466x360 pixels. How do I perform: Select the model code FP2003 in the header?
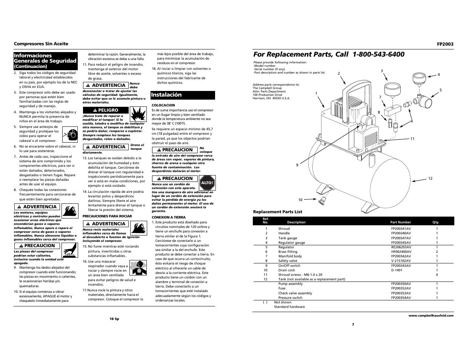(x=445, y=44)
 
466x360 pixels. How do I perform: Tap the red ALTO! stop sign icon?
(x=207, y=182)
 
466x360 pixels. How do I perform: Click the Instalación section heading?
(x=166, y=95)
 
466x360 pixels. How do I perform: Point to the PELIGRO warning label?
(x=105, y=110)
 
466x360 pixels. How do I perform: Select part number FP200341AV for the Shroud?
(x=401, y=229)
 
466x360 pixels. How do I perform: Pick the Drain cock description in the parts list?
(x=286, y=270)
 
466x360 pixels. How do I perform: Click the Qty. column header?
(x=436, y=222)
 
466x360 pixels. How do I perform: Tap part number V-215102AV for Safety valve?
(x=401, y=261)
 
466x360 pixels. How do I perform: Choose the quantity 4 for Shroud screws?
(x=437, y=275)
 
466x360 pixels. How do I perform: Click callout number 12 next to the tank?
(x=430, y=178)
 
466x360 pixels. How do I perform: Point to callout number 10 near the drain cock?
(x=300, y=200)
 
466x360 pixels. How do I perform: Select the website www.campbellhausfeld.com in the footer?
(x=431, y=315)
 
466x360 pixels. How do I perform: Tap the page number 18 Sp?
(x=114, y=319)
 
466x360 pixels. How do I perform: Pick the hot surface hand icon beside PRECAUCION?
(x=68, y=249)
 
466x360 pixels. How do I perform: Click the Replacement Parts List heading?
(x=277, y=212)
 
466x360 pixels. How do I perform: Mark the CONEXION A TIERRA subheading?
(x=168, y=217)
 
